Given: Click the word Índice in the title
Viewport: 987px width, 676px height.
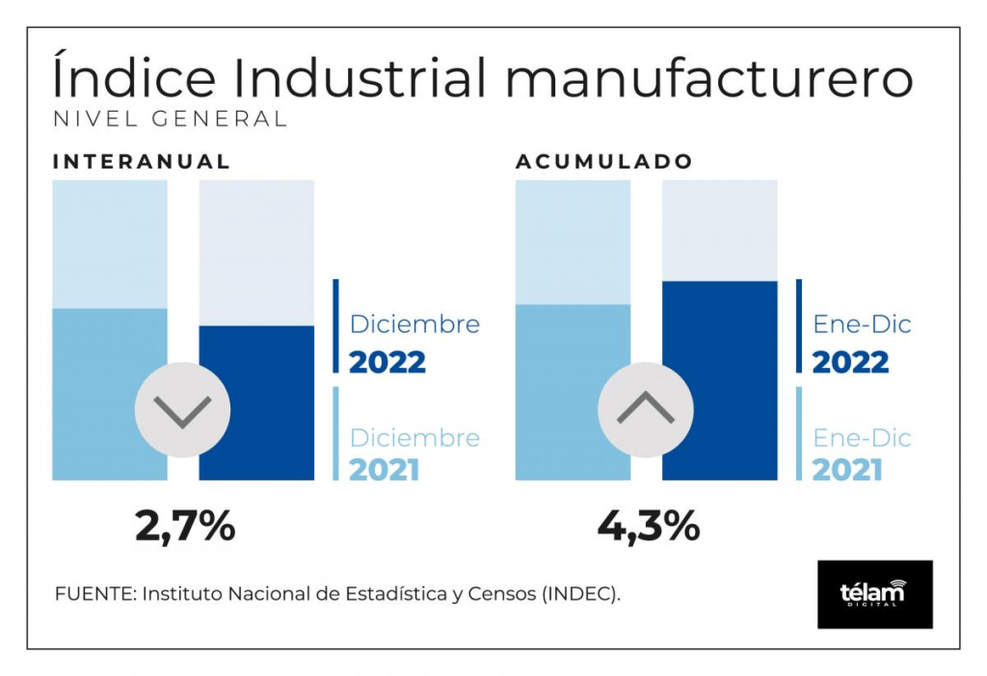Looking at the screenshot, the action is pos(134,76).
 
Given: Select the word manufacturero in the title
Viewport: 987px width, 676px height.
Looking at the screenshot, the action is pos(709,79).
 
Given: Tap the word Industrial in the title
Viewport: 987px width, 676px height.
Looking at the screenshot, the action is pos(360,77).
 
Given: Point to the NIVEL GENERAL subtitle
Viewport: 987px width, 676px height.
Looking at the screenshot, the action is pos(170,118).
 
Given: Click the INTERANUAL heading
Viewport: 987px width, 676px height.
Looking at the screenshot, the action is pos(142,162).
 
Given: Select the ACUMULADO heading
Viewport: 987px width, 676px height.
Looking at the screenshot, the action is pos(604,162).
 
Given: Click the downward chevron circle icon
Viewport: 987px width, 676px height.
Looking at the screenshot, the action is pos(182,410).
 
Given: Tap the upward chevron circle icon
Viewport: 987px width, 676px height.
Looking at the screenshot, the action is pos(646,410).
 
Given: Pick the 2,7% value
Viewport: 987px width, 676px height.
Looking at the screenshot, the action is pos(185,526).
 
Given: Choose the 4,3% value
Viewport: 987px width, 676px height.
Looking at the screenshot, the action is pos(649,526).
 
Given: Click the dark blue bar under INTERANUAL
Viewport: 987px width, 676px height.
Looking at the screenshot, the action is pos(256,403).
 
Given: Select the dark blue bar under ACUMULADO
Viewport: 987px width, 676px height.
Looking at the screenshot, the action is pos(720,380).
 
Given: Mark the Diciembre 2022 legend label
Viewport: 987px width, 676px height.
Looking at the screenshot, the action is pos(414,343).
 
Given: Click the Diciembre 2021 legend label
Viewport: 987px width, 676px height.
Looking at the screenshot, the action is pos(414,454).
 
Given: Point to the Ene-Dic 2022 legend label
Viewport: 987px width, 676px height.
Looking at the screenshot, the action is pos(862,343).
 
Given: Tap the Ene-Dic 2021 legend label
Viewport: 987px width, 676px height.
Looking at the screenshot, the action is pos(862,454).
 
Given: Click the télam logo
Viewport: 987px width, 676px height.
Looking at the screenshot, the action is pos(875,594).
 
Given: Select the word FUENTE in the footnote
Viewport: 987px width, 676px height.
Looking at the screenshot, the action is pos(93,593).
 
